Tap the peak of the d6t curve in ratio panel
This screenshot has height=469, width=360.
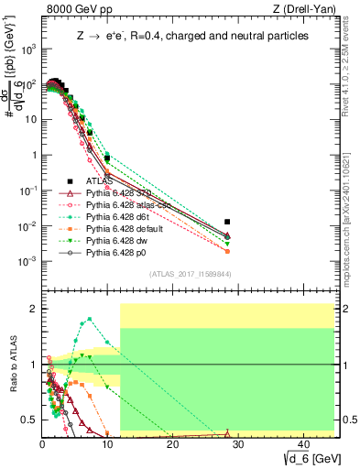point(88,320)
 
